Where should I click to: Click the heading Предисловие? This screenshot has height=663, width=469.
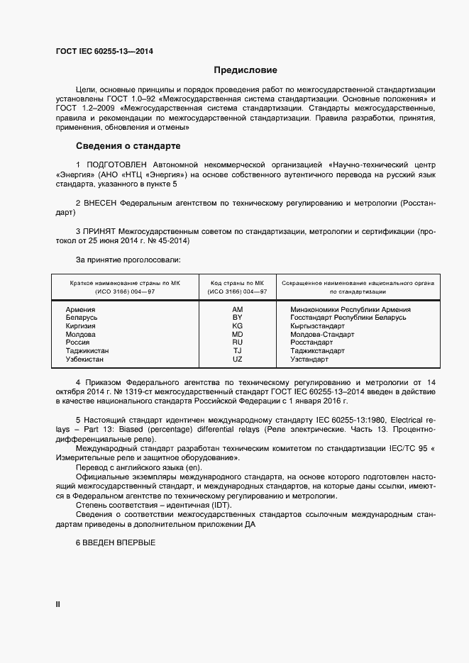click(245, 70)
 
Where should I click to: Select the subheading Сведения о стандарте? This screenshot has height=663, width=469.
click(128, 146)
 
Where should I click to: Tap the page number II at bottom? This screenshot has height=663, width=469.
click(58, 604)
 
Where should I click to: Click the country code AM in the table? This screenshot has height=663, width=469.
click(237, 310)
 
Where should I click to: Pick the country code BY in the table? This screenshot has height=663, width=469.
click(237, 318)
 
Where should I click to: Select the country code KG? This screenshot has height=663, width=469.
click(237, 326)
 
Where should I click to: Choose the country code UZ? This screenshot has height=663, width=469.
click(237, 360)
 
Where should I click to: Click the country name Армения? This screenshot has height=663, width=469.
click(80, 310)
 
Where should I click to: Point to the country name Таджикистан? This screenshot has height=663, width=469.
click(87, 351)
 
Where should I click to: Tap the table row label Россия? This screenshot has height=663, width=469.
click(77, 342)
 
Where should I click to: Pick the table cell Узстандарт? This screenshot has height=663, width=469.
click(309, 360)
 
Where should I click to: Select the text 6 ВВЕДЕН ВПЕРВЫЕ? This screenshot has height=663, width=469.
click(115, 542)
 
